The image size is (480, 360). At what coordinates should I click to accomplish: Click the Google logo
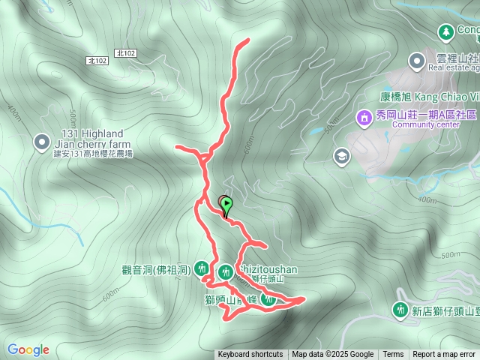28,349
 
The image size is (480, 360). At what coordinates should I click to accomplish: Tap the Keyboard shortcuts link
250,355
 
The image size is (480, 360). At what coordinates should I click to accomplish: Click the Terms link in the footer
393,355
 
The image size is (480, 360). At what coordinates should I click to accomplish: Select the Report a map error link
444,355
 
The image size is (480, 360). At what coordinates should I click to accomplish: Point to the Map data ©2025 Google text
332,355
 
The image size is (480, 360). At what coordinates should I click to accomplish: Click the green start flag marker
226,205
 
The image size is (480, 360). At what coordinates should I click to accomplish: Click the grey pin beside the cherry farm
42,141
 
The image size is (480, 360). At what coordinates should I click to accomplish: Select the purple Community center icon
364,118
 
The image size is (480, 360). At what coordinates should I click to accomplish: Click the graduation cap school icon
342,155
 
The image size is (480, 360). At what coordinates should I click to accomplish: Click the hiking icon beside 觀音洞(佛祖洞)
201,268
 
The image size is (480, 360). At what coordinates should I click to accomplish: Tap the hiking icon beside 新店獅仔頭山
400,309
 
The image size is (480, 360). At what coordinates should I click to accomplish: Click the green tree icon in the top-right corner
446,31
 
